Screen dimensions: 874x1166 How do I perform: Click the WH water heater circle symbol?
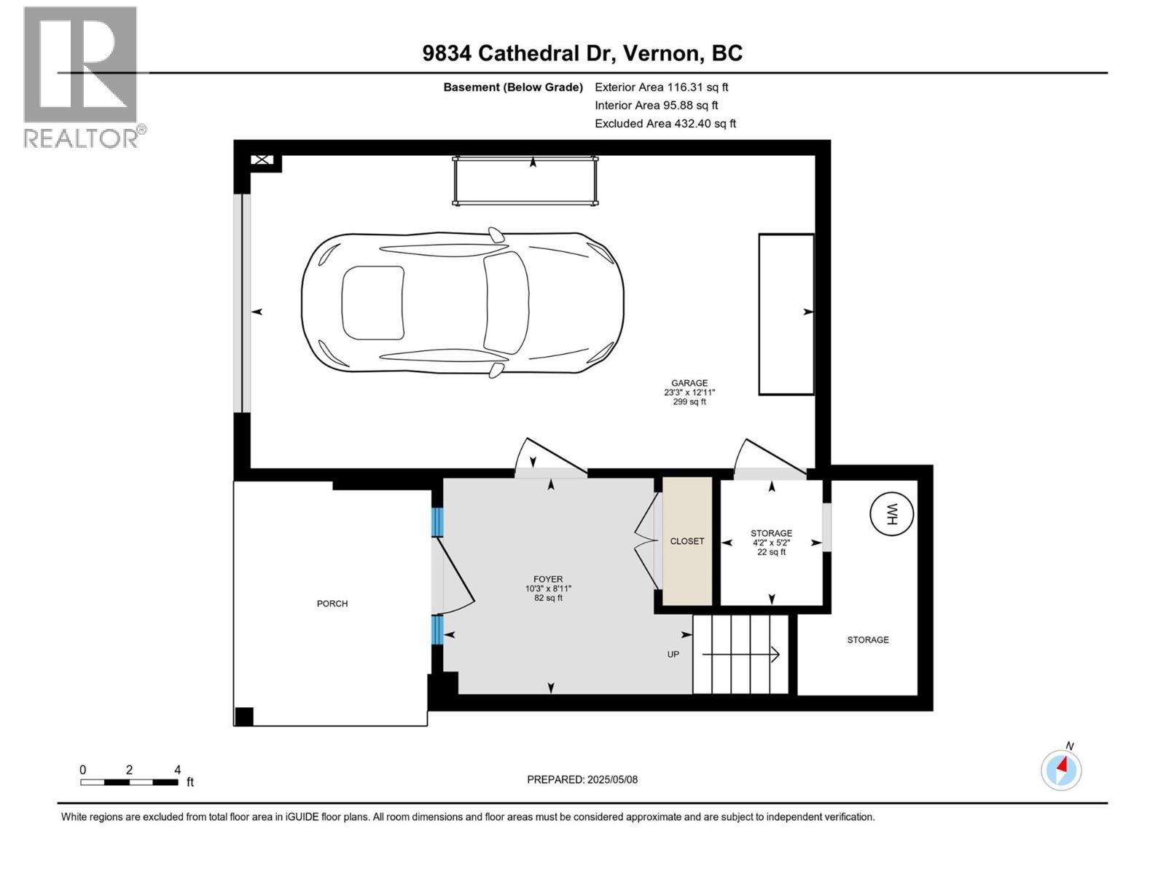click(891, 514)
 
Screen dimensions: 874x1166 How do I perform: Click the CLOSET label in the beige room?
click(687, 541)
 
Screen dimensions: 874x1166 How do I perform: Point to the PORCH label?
click(332, 604)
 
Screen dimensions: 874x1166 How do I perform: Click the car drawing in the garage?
click(463, 304)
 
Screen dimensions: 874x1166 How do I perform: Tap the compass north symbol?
click(1061, 769)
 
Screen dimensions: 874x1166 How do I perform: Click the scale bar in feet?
click(129, 782)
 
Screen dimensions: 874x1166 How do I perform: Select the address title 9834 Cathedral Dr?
click(582, 53)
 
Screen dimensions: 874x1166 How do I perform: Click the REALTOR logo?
click(81, 76)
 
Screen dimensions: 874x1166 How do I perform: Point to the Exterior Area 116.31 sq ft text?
click(661, 87)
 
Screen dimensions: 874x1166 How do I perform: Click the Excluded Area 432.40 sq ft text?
click(665, 124)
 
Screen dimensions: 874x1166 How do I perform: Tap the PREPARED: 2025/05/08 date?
click(582, 779)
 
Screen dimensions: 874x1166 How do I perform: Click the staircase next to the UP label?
click(740, 654)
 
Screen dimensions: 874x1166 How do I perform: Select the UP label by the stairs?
click(673, 654)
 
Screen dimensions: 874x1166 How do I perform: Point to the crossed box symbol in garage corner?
click(262, 160)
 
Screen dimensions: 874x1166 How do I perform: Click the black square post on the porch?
click(243, 717)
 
